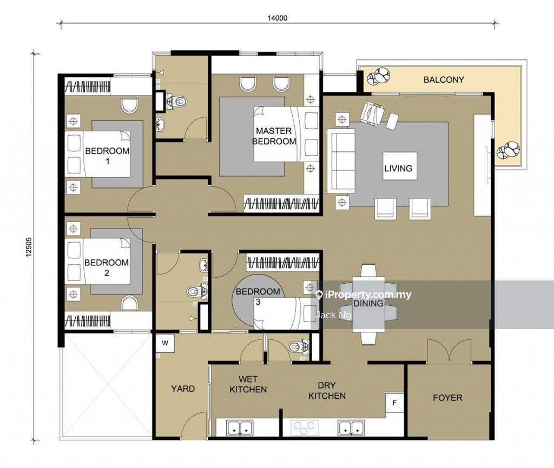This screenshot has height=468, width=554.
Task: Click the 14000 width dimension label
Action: coord(278,18)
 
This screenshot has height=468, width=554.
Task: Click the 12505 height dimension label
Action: coord(29,247)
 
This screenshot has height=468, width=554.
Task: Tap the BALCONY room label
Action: coord(444,80)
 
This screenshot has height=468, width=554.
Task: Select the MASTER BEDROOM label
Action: coord(274,136)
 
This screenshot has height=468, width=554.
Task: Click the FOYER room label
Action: coord(447,398)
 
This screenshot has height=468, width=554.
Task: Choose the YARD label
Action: coord(183,389)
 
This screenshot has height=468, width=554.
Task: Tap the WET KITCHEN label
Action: coord(248,384)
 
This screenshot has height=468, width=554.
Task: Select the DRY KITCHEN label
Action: coord(327,391)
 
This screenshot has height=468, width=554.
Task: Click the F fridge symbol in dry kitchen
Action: coord(394,402)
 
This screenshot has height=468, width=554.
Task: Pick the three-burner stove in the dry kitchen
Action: coord(305,427)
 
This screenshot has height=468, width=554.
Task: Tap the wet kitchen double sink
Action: coord(240,427)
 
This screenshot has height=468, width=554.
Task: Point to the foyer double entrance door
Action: coord(449,351)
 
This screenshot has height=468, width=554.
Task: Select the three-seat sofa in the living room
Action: coord(341,161)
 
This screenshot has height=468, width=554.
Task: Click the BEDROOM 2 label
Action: coord(107,268)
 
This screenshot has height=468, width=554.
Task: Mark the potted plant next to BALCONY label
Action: coord(378,76)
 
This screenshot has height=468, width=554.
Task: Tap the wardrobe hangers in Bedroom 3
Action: coord(282,263)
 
